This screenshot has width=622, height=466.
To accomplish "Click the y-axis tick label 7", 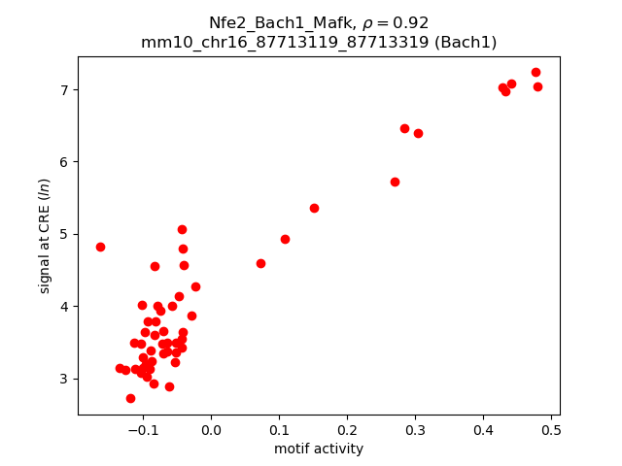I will coord(64,90).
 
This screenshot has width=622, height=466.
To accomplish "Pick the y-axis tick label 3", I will coord(64,379).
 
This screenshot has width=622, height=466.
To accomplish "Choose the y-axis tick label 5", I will coord(64,234).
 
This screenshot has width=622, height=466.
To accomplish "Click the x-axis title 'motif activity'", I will coord(319,449).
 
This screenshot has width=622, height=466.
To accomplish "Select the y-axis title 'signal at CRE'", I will coord(45,236).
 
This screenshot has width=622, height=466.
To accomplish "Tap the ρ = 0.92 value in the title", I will coord(396,22).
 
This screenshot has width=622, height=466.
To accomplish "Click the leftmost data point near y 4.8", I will coord(100,247).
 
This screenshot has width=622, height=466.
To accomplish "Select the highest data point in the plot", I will coord(536,72).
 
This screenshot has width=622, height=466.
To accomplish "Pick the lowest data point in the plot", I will coord(130,398).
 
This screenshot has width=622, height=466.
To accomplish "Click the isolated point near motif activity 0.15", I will coord(314,208).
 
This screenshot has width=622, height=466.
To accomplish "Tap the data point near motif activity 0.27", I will coord(395,182).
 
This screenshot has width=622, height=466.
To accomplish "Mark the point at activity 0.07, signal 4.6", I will coord(260,263).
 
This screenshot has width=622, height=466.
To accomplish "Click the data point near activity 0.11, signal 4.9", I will coord(285,239).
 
